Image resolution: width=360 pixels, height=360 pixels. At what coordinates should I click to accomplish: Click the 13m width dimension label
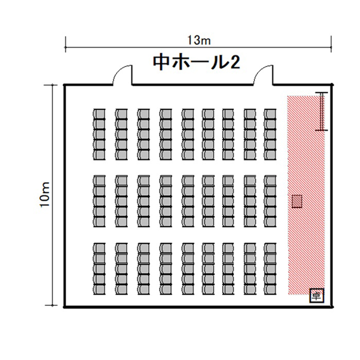199,40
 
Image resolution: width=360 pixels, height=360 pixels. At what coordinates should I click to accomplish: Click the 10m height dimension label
45,195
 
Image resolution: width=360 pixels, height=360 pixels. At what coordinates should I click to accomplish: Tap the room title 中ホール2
197,62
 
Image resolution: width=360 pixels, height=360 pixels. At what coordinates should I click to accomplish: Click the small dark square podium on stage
297,201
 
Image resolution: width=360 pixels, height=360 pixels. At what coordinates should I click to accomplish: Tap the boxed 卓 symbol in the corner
317,296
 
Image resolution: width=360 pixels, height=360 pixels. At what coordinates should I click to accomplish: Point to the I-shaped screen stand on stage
322,111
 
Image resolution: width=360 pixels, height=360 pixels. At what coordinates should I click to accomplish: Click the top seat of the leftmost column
99,114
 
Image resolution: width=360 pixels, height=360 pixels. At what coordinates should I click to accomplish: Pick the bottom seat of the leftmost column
99,290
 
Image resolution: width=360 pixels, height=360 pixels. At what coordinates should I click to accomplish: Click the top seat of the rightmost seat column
270,114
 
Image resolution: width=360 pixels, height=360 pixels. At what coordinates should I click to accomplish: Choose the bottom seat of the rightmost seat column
270,290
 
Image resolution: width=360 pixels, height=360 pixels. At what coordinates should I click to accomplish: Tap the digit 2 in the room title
234,62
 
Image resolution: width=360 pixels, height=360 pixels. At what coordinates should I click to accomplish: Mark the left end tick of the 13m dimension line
66,47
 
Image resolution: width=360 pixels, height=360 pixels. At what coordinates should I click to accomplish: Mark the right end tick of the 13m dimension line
331,47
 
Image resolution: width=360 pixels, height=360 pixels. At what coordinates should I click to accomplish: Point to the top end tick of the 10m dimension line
52,85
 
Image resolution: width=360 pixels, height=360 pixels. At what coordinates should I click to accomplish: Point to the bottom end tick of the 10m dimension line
52,305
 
